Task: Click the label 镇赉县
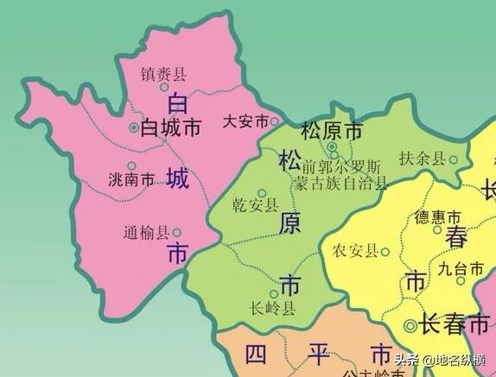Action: [163, 75]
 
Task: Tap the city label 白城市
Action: [170, 128]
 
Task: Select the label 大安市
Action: [245, 122]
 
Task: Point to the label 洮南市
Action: [132, 180]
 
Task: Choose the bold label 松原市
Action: [331, 132]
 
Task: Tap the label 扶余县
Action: [423, 159]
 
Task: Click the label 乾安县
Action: [256, 206]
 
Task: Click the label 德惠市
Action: [438, 216]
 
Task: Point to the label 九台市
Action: [460, 269]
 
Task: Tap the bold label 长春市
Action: [454, 325]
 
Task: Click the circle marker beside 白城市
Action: [133, 128]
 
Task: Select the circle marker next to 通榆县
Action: [176, 232]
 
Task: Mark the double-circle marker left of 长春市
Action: [410, 326]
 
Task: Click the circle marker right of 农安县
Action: [385, 252]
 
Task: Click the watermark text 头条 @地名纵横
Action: [439, 361]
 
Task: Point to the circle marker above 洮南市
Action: [131, 166]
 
